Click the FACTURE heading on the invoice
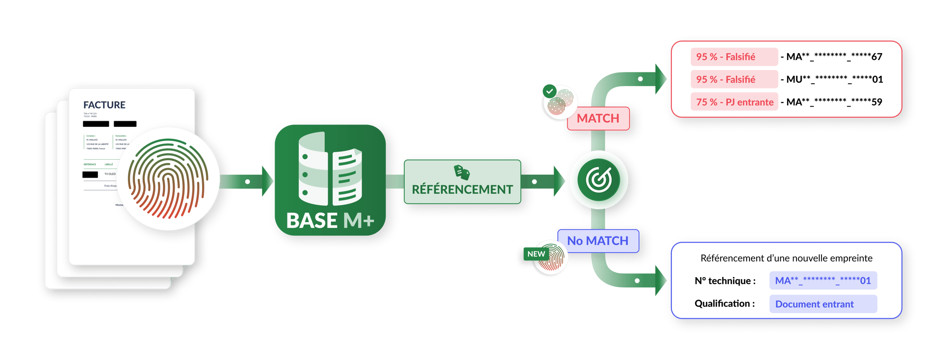[x=104, y=105]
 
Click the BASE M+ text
[x=330, y=221]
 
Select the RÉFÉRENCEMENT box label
[x=462, y=189]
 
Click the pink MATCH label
[x=598, y=118]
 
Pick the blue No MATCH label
[x=598, y=241]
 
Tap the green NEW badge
[x=536, y=254]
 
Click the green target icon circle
[x=599, y=180]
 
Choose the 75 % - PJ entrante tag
[x=734, y=102]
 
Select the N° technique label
[x=725, y=281]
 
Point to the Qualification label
[x=724, y=304]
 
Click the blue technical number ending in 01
[x=823, y=280]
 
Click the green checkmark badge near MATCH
[x=550, y=90]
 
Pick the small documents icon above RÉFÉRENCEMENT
[x=462, y=172]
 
